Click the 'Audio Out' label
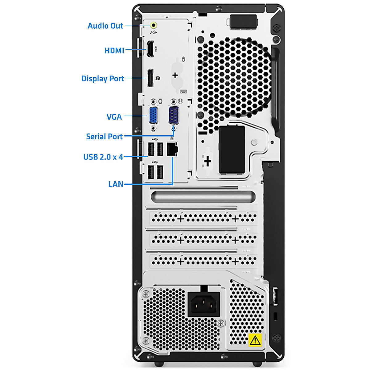click(105, 26)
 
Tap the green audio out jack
click(154, 25)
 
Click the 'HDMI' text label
click(114, 51)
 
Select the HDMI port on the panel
click(150, 49)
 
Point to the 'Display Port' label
click(103, 79)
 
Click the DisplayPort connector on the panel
click(150, 78)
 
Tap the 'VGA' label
click(114, 117)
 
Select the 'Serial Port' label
click(104, 136)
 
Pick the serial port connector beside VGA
click(174, 115)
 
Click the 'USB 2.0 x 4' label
click(103, 157)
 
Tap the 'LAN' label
click(116, 184)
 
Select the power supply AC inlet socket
click(203, 305)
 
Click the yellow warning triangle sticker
click(255, 340)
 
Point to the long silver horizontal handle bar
click(203, 197)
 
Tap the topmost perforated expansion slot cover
click(203, 219)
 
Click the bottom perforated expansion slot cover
click(203, 261)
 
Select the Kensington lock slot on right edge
click(276, 316)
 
